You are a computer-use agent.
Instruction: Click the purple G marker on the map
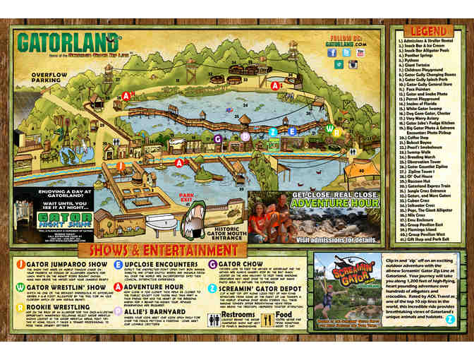(219, 138)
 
